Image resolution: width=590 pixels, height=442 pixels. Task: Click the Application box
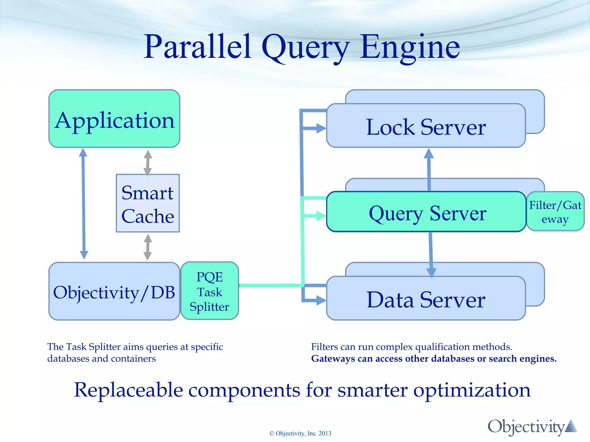tap(114, 119)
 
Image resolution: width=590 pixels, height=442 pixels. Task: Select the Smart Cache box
tap(147, 203)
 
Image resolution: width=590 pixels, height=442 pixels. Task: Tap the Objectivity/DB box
tap(114, 292)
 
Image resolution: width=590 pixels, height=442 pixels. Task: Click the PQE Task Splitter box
tap(210, 291)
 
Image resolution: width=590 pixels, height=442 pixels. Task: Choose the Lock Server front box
tap(426, 126)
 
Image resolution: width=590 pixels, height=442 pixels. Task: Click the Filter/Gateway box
tap(555, 212)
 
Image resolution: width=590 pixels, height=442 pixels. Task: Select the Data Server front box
tap(426, 299)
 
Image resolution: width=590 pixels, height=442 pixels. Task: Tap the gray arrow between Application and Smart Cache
tap(148, 163)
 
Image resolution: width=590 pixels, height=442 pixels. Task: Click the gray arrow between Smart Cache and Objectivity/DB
tap(148, 247)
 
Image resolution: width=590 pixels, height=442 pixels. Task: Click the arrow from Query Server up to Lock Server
tap(429, 170)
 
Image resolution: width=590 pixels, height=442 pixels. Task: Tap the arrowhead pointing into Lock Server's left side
tap(321, 128)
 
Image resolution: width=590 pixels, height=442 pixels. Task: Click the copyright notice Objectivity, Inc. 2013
tap(300, 433)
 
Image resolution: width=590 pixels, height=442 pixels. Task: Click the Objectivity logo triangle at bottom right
tap(571, 426)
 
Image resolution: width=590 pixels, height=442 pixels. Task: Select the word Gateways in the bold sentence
tap(333, 359)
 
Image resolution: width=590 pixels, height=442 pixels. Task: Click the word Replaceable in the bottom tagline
tap(128, 390)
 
